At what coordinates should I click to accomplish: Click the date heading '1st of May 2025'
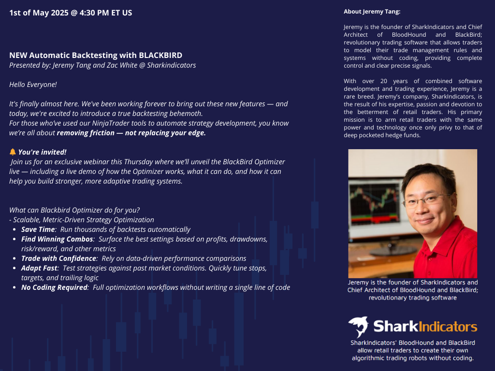(39, 13)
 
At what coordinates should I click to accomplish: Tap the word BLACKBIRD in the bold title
(160, 55)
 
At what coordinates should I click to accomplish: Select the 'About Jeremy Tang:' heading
(372, 12)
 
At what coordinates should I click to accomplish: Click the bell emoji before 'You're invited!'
(13, 152)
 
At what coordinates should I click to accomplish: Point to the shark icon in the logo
(359, 327)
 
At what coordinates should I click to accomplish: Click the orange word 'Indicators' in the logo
(448, 327)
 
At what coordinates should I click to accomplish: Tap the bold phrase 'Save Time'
(38, 229)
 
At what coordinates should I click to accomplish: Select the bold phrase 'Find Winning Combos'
(57, 239)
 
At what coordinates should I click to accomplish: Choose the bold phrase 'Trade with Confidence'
(58, 258)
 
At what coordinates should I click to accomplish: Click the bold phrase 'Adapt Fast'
(40, 268)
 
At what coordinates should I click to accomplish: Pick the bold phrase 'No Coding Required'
(54, 287)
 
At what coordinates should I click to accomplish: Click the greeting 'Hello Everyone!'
(33, 85)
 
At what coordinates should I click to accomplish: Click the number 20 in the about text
(384, 81)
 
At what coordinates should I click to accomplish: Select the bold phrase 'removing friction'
(86, 133)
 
